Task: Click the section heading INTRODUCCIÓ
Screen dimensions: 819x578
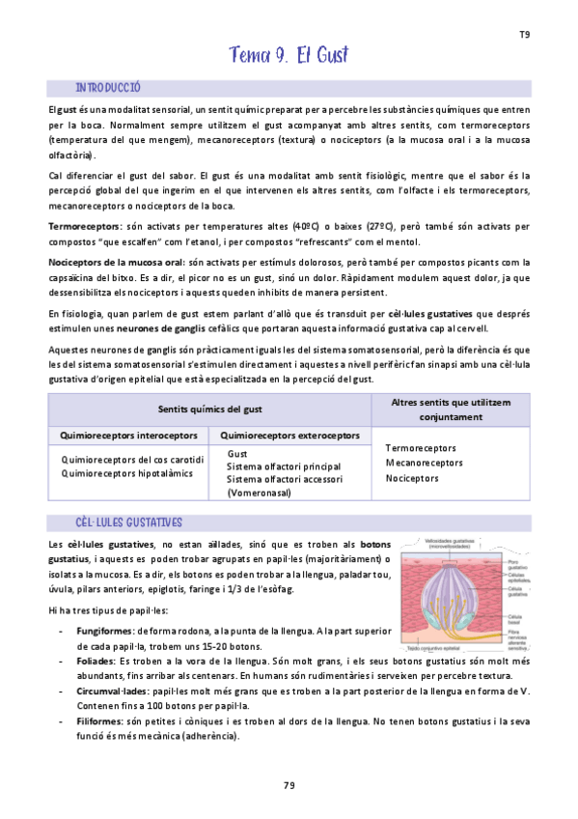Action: tap(108, 87)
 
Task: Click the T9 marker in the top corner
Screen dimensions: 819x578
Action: tap(524, 35)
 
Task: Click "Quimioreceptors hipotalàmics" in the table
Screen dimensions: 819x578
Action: tap(126, 473)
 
